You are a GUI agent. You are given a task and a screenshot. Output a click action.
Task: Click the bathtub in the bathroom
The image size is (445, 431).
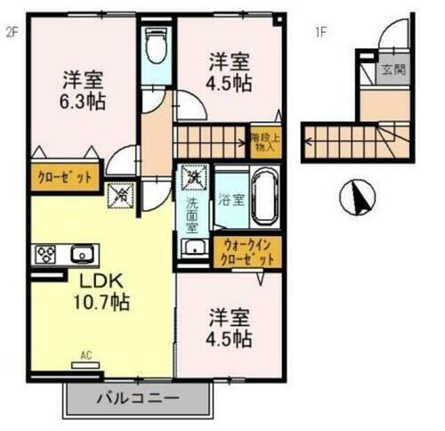tap(264, 199)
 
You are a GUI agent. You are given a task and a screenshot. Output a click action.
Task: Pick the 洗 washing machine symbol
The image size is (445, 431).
tap(191, 177)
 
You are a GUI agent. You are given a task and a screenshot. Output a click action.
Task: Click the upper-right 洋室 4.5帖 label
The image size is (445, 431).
tap(230, 77)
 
